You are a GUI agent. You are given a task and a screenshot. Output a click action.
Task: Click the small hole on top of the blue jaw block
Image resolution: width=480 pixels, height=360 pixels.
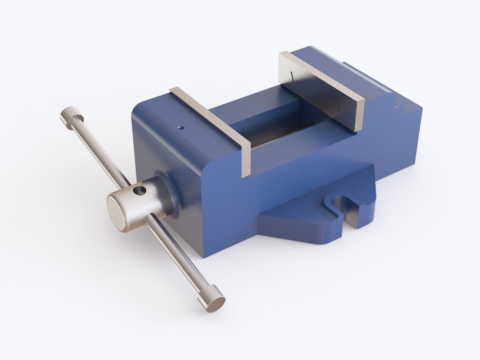coord(180,128)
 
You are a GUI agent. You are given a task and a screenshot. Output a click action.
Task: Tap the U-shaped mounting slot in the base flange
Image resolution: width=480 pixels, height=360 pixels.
coord(345,207)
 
